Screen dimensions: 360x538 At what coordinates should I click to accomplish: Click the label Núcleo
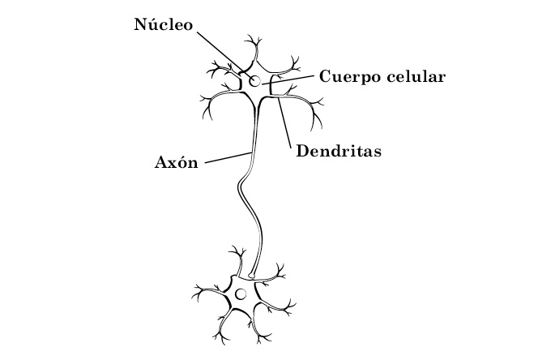162,24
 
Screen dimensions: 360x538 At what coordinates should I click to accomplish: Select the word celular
416,77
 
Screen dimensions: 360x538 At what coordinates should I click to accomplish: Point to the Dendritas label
339,150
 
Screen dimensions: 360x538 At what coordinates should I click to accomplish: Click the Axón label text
176,161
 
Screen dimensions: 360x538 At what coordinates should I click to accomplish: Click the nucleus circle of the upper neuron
255,81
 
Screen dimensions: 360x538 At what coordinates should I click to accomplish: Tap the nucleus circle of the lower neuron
241,294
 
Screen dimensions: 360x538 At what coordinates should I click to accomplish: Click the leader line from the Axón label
227,156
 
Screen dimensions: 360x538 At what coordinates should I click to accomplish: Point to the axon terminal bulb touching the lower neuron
253,276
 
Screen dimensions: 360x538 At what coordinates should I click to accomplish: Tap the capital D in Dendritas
303,150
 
